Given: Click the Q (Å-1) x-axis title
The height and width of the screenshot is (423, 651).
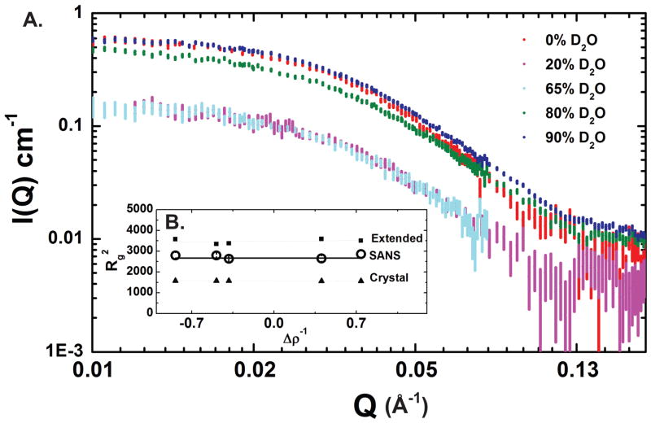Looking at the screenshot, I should (370, 403).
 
